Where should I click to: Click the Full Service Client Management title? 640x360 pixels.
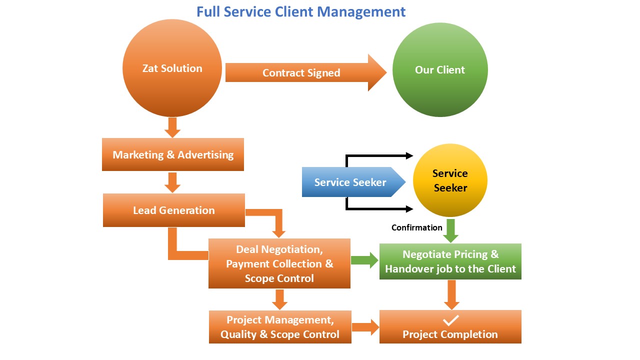tap(300, 11)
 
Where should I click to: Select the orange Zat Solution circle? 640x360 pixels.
tap(172, 68)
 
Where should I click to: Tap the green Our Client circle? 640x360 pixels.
tap(440, 69)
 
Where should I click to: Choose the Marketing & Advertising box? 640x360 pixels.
tap(173, 154)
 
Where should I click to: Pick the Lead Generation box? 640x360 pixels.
tap(173, 210)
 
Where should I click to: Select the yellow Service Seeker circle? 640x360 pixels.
tap(450, 180)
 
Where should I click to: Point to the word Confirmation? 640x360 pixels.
tap(416, 227)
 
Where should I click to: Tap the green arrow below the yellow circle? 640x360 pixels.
tap(451, 230)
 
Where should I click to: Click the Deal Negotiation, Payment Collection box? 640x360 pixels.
tap(279, 263)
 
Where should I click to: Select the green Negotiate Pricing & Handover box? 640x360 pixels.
tap(450, 261)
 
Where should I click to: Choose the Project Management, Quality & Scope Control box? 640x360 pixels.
tap(280, 327)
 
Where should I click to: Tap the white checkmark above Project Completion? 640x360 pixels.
tap(450, 319)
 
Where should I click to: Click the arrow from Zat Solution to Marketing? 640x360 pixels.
tap(172, 127)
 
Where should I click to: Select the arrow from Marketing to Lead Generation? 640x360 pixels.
tap(172, 182)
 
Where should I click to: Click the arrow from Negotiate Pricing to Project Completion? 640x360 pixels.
tap(451, 294)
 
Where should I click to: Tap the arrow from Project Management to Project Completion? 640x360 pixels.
tap(365, 327)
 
